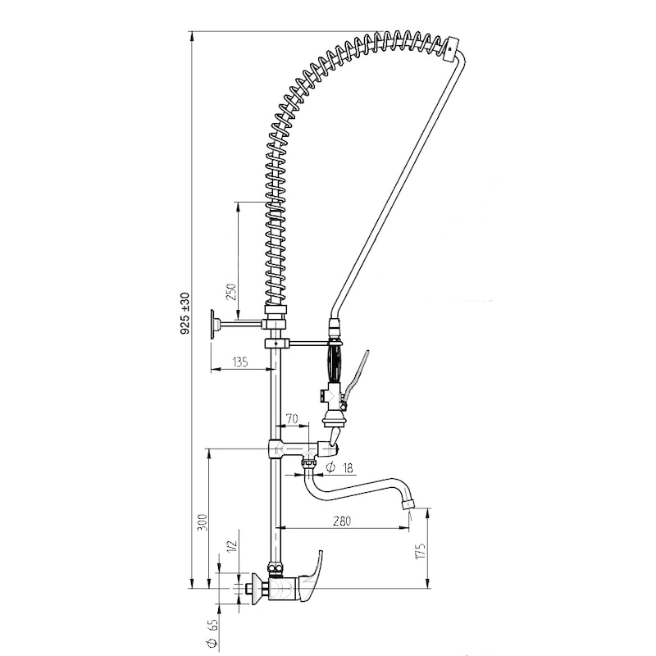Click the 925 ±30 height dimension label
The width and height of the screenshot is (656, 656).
click(185, 313)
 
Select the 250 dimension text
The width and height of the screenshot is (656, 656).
click(231, 292)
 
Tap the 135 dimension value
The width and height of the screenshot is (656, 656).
click(240, 362)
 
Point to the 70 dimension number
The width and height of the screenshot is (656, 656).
click(292, 418)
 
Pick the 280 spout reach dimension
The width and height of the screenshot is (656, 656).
click(342, 521)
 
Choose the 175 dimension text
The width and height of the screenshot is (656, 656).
click(420, 551)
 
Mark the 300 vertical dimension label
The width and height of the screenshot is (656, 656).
click(202, 523)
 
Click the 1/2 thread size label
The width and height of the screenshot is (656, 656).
click(232, 545)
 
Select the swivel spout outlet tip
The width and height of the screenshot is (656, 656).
click(408, 503)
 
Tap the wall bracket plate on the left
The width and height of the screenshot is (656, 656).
click(213, 323)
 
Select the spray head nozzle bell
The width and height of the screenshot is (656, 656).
click(334, 418)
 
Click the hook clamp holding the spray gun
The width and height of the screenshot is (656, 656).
click(276, 344)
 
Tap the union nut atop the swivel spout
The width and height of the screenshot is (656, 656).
click(309, 464)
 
